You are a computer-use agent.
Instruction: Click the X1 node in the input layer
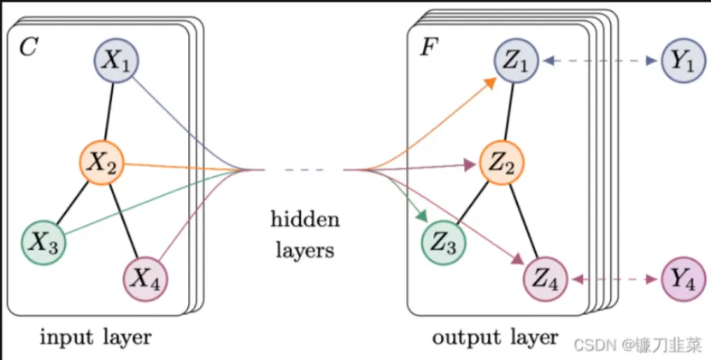(115, 59)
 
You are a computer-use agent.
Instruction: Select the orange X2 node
(102, 160)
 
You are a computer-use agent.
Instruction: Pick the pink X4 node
(147, 276)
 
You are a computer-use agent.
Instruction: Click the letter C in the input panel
(27, 47)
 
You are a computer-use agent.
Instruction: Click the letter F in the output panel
(426, 47)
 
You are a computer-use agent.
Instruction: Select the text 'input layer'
(95, 336)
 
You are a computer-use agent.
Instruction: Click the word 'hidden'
(304, 220)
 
